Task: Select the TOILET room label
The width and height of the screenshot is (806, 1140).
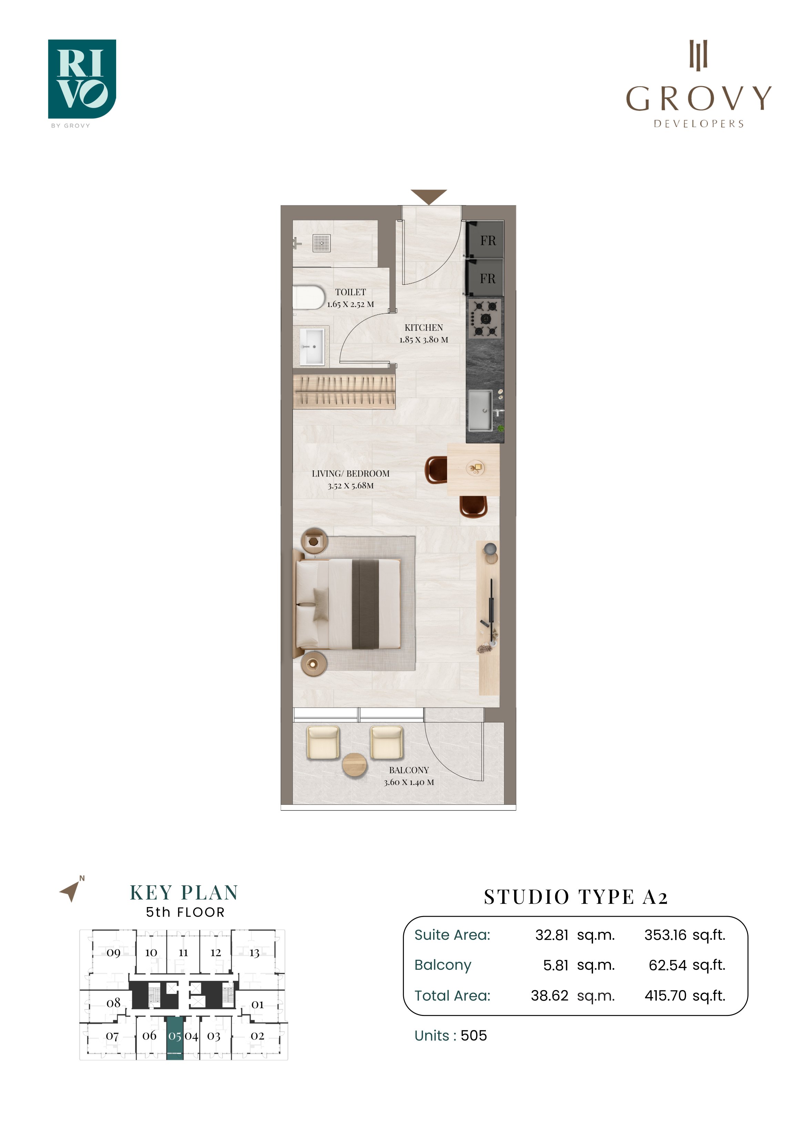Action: [350, 293]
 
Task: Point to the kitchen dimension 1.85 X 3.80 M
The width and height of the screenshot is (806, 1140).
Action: [424, 339]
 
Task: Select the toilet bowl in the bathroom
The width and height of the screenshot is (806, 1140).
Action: [308, 297]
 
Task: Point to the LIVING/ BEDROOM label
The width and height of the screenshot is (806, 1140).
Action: [350, 474]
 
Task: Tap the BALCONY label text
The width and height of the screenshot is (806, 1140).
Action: [409, 770]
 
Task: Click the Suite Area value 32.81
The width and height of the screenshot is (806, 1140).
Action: [552, 935]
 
